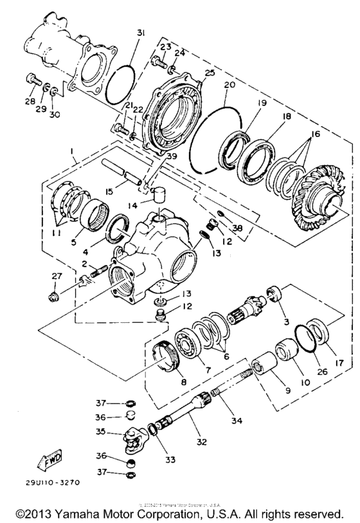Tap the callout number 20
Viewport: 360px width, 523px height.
(x=229, y=85)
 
